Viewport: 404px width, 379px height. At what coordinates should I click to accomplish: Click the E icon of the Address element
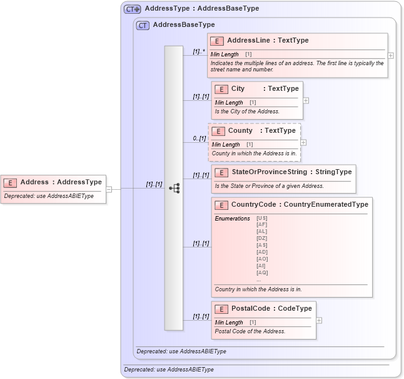10,182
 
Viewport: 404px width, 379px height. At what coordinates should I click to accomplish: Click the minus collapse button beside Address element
109,188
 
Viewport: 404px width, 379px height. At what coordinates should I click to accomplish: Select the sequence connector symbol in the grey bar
174,187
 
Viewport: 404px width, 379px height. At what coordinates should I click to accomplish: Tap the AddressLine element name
248,40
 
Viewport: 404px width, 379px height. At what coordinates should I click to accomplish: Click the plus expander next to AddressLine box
391,55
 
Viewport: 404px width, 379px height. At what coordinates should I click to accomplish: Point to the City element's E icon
221,89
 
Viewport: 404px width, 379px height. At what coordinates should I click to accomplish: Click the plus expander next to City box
306,100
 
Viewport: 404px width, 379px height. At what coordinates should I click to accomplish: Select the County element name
240,131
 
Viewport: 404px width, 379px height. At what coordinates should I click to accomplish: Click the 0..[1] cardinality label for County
199,138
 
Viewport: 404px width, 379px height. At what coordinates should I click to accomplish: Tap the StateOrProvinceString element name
265,172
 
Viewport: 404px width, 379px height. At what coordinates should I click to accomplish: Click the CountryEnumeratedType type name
326,204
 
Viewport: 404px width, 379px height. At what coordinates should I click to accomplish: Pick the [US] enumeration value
262,218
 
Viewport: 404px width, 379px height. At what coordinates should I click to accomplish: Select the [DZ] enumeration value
262,239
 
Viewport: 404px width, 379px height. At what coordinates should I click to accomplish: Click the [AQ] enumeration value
262,273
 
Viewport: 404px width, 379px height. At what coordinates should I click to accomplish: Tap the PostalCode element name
250,308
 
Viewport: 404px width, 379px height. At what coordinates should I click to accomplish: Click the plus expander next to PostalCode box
319,320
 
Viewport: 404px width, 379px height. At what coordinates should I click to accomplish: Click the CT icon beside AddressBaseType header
143,25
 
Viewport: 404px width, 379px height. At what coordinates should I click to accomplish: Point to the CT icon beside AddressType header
132,9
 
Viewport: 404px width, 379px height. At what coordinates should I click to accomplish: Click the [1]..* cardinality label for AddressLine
199,51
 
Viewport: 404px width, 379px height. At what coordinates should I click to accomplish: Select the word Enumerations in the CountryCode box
232,218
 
